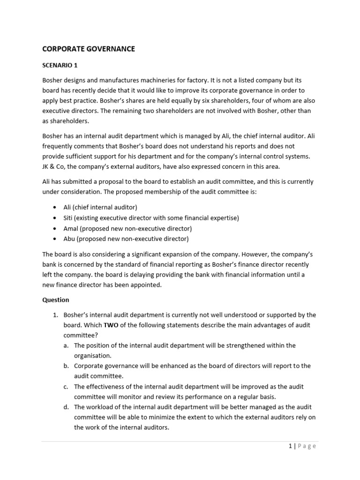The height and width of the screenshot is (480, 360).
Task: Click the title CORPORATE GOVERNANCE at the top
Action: pyautogui.click(x=89, y=49)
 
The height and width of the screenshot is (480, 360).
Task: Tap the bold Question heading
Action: pyautogui.click(x=56, y=300)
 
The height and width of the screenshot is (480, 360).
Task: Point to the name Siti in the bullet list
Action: pyautogui.click(x=69, y=218)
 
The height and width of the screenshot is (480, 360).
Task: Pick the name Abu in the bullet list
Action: pyautogui.click(x=69, y=239)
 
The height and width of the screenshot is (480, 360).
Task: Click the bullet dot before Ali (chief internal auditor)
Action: pyautogui.click(x=54, y=208)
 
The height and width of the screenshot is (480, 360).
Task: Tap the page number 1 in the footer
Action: pyautogui.click(x=290, y=446)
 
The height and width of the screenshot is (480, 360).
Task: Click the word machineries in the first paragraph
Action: pyautogui.click(x=137, y=80)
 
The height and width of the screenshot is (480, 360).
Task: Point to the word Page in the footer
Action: pyautogui.click(x=307, y=446)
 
